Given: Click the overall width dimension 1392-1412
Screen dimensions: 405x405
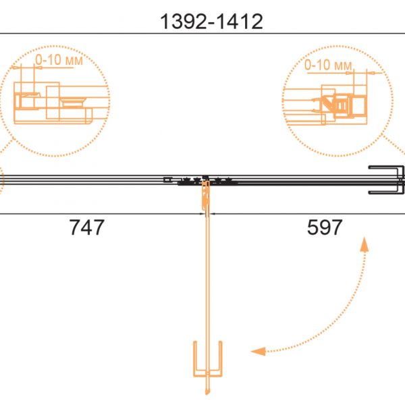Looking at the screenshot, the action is [x=211, y=22].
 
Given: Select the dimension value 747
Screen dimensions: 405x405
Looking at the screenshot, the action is [x=87, y=227].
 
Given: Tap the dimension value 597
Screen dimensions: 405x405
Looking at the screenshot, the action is [x=325, y=227].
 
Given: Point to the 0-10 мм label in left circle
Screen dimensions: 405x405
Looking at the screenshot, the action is [x=59, y=60].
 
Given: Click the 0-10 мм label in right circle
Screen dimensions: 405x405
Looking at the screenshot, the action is [x=328, y=65].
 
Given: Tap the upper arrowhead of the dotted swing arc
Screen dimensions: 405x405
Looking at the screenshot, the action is [x=364, y=244].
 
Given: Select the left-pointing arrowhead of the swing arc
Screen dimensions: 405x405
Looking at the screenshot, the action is [x=259, y=351].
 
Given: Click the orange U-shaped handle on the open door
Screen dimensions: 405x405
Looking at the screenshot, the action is [x=208, y=375].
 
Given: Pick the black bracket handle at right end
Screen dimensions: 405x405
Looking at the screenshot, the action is [x=386, y=180].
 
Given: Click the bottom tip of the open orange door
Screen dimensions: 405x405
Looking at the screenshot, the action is [x=207, y=394].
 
